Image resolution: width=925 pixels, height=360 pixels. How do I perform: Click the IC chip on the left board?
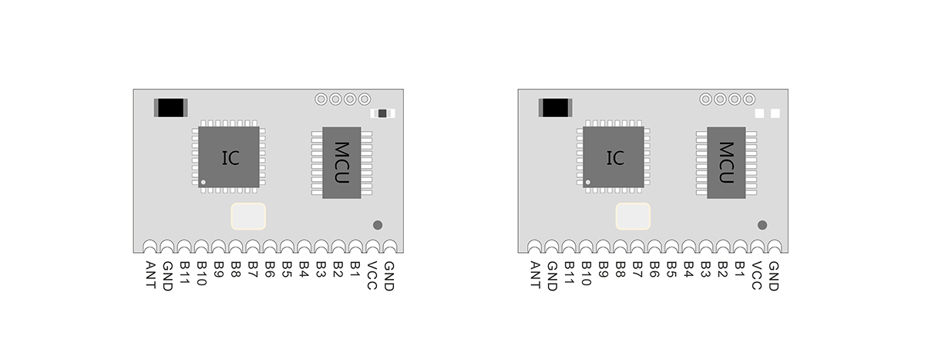pos(229,157)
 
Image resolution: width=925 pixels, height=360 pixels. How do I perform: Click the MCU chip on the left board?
pos(341,162)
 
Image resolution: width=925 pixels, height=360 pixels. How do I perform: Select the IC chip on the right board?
pos(614,157)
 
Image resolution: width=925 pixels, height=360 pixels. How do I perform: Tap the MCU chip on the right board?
pos(726,162)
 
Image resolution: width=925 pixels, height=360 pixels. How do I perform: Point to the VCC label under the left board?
pos(372,274)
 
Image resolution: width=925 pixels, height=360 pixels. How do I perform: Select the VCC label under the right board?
pos(757,274)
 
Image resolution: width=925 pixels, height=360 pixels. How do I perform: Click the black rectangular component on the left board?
pos(171,108)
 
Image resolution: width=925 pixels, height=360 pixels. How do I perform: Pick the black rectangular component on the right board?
pos(556,108)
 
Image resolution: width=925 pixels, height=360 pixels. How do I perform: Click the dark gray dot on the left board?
pos(378,225)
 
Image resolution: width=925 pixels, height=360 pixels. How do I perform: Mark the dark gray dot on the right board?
pos(762,225)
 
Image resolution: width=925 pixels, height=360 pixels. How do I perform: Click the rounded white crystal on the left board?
pos(248,217)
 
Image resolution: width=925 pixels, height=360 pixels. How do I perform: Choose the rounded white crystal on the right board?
pos(633,217)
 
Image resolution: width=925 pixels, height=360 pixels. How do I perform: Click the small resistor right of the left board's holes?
pos(382,113)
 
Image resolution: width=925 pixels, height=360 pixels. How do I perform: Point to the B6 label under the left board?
pos(270,270)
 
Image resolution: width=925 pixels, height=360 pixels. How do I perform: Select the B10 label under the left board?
pos(202,274)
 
